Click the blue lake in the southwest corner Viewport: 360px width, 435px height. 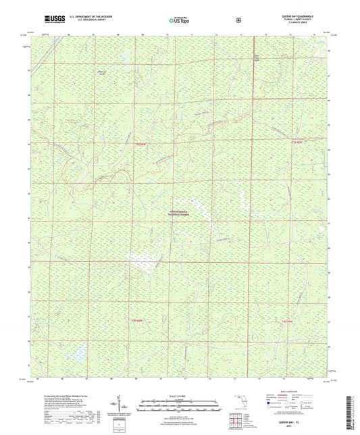76,352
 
